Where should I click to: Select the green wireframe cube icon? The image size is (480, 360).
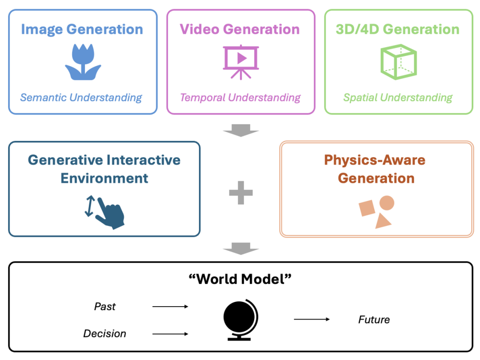point(399,62)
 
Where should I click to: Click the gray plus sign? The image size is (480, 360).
point(241,192)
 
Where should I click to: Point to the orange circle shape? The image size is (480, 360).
point(387,203)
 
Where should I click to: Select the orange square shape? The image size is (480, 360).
point(367,208)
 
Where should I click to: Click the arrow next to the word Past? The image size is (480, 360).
point(170,306)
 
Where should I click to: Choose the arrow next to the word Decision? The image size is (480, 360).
point(170,334)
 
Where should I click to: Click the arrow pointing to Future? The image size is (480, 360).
point(312,319)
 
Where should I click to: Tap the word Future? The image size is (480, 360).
point(374,320)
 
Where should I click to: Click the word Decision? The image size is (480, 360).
point(105,333)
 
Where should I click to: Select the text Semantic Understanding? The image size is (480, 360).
point(81,98)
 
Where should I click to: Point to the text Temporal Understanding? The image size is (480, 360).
point(240,98)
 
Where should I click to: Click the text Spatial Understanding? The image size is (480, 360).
point(398,98)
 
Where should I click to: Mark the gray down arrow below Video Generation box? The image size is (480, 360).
point(241,130)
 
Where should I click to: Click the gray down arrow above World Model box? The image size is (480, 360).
point(241,248)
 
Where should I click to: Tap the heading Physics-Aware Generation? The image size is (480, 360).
point(375,169)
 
